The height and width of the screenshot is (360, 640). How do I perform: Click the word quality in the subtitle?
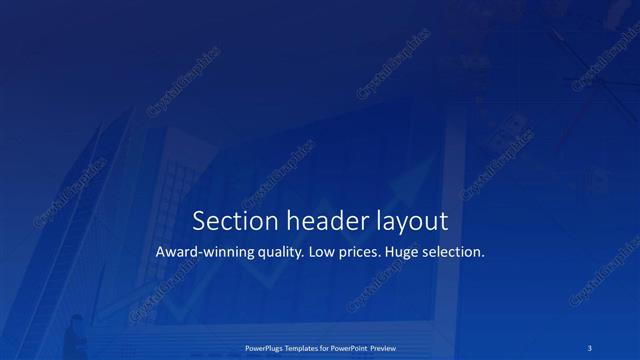274,253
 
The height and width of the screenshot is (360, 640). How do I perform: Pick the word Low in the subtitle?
322,252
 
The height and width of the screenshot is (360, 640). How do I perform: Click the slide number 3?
590,347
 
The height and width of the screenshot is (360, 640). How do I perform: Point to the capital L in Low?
312,252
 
